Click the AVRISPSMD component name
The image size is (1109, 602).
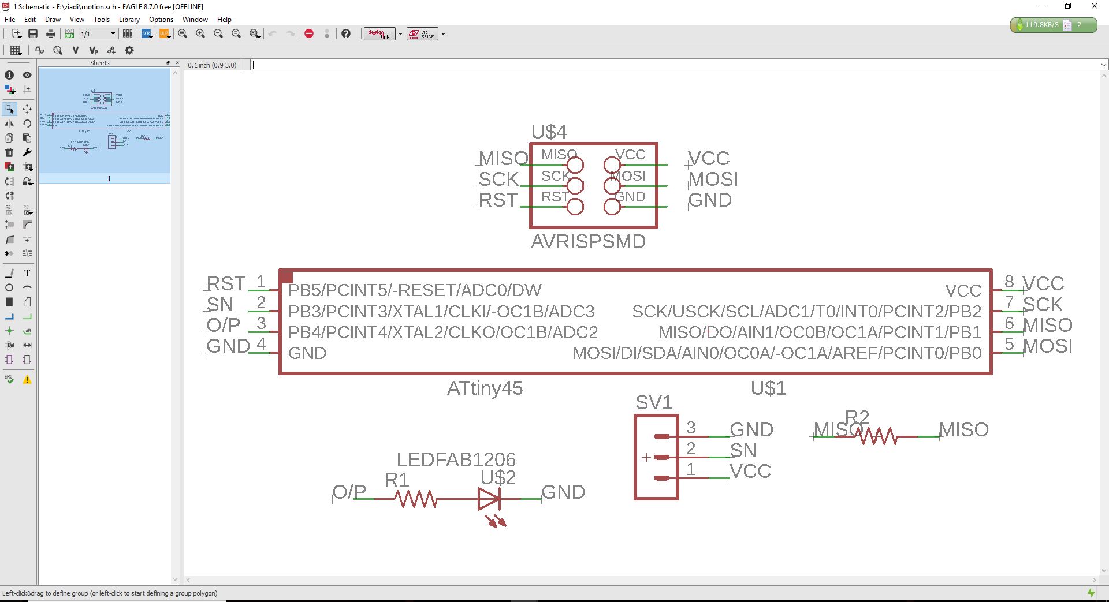point(588,241)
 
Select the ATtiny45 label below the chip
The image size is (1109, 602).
point(485,388)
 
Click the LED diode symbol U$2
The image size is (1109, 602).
point(489,499)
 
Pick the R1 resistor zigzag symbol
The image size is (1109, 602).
point(416,499)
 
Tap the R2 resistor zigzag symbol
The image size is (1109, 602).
point(878,436)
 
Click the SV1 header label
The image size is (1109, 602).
point(654,402)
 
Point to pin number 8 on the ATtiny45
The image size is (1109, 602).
point(1009,281)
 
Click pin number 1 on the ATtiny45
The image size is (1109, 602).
point(261,281)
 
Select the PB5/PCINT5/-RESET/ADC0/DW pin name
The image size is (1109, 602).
point(415,290)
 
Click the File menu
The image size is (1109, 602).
point(10,20)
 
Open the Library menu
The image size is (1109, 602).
point(129,20)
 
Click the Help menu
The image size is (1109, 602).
point(224,20)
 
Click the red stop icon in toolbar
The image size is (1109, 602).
point(309,33)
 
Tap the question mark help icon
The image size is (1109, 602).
point(345,33)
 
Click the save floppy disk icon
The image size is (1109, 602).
point(33,33)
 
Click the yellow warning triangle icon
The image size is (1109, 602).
point(27,380)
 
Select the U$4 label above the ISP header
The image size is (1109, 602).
point(549,132)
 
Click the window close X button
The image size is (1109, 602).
point(1094,6)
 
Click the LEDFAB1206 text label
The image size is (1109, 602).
point(456,459)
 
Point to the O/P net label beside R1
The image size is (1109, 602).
point(349,492)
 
